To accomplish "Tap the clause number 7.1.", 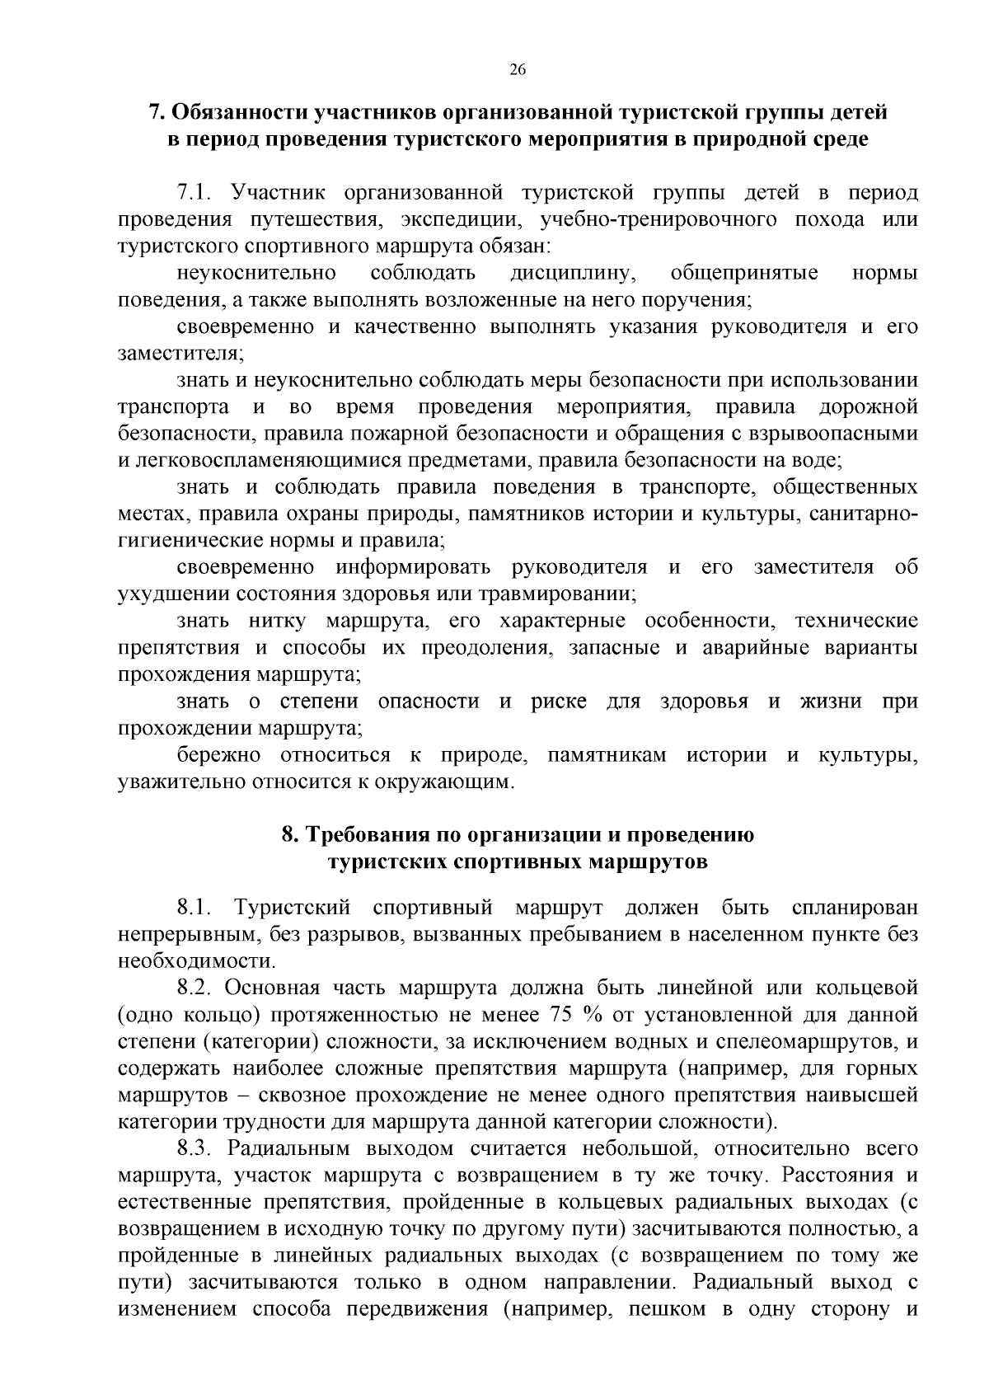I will pyautogui.click(x=195, y=194).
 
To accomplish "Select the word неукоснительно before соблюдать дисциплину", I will pyautogui.click(x=256, y=273).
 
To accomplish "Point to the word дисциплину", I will pyautogui.click(x=570, y=273).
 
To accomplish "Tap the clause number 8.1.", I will pyautogui.click(x=195, y=908).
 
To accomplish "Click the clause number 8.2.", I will pyautogui.click(x=195, y=988).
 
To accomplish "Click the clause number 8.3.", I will pyautogui.click(x=195, y=1148).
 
